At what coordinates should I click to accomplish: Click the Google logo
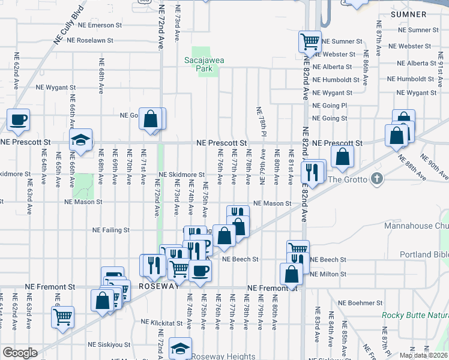pyautogui.click(x=20, y=353)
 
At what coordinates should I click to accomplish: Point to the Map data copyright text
pyautogui.click(x=423, y=355)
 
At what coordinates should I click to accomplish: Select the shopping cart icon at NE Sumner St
pyautogui.click(x=310, y=41)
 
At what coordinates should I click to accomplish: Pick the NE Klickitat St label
pyautogui.click(x=161, y=322)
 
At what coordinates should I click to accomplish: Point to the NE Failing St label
pyautogui.click(x=110, y=230)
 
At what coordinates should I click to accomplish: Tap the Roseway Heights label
pyautogui.click(x=225, y=356)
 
